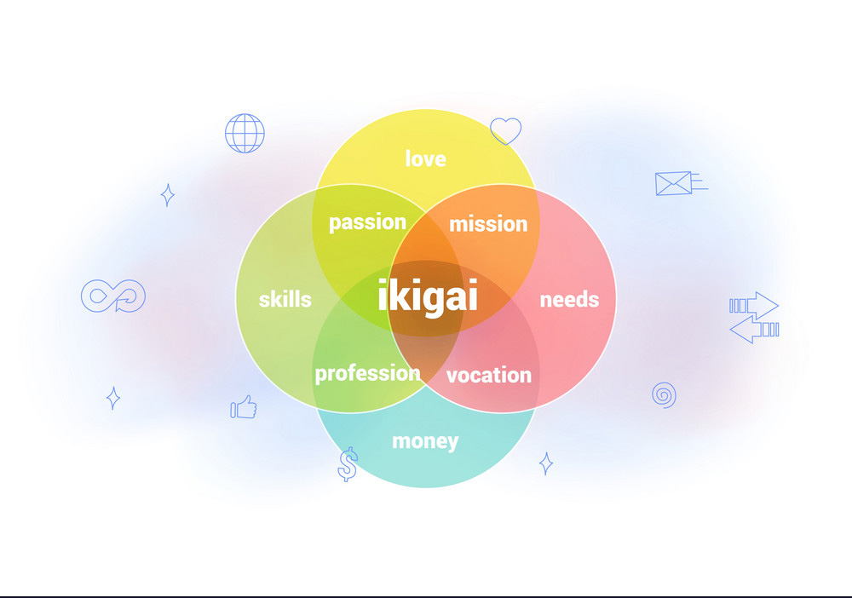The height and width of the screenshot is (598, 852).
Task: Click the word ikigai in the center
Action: [x=428, y=296]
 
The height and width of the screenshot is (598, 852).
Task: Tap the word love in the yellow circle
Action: [x=425, y=158]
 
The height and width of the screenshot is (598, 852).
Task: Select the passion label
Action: [x=367, y=222]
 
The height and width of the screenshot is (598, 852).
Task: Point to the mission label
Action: [x=488, y=224]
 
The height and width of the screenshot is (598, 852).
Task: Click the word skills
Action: [x=285, y=299]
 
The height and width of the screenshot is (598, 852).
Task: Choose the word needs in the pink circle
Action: [x=569, y=300]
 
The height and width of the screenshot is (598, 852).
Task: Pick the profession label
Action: [x=367, y=374]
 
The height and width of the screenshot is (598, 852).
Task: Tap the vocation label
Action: [x=488, y=376]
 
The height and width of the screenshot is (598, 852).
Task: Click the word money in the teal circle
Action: [x=425, y=441]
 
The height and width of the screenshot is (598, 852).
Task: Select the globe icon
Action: [x=245, y=133]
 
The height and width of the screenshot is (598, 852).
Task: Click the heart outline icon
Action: [x=505, y=131]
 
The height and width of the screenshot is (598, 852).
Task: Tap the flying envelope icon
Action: [x=681, y=183]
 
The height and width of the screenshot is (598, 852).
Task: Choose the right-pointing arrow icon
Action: [x=754, y=305]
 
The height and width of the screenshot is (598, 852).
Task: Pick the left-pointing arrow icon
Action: [x=754, y=330]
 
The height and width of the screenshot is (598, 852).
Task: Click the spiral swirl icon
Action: [x=664, y=395]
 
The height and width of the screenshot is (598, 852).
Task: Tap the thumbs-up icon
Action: [x=244, y=407]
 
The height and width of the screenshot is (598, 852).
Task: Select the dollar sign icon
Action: [x=348, y=464]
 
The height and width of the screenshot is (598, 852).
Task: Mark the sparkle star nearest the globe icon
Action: [x=167, y=195]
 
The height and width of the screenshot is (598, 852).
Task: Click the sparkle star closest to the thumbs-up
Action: [x=113, y=398]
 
